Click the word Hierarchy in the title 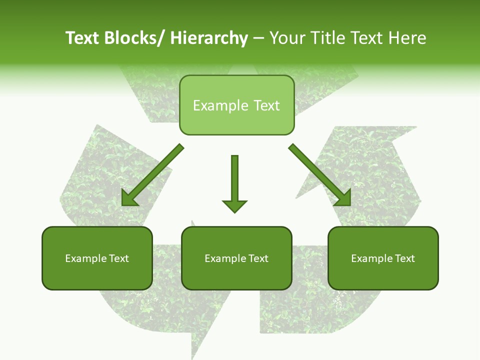[x=209, y=38]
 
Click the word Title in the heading [x=326, y=38]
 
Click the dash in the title [x=258, y=39]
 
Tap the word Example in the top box [x=220, y=106]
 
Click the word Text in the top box [x=266, y=106]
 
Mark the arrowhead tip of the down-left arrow [x=123, y=204]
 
